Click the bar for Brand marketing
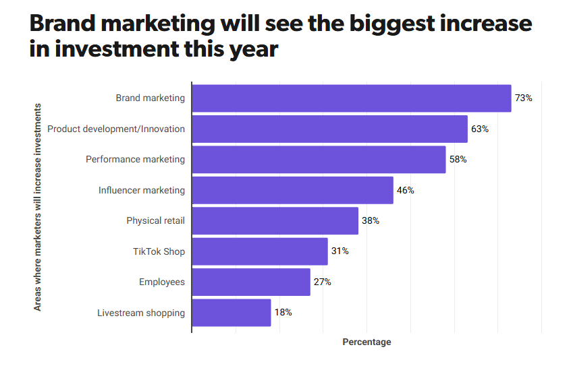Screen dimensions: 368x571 click(351, 98)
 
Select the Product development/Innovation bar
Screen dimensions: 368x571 click(329, 129)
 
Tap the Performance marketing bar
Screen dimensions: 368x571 click(319, 160)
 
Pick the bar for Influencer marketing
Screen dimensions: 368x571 click(292, 190)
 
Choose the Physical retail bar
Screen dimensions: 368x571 click(275, 221)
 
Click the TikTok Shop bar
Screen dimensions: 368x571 click(260, 251)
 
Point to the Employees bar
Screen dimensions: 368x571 click(251, 282)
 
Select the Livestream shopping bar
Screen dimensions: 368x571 click(232, 313)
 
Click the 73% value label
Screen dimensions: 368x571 click(524, 98)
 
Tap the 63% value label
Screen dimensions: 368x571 click(480, 129)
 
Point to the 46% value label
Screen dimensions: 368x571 click(406, 190)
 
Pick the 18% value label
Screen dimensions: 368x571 click(283, 313)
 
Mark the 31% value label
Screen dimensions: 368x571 click(340, 251)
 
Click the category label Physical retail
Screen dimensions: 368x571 click(155, 221)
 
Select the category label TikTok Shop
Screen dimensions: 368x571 click(159, 251)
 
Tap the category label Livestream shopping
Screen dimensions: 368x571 click(140, 313)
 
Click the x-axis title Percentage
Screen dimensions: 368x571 click(366, 342)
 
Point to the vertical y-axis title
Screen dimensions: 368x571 click(38, 207)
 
